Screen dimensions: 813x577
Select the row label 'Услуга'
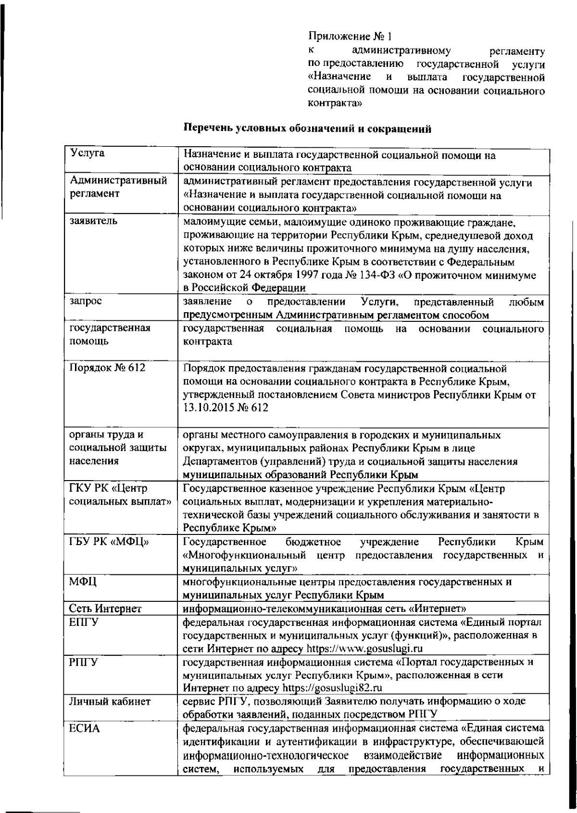88,154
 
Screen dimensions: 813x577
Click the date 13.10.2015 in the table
209,408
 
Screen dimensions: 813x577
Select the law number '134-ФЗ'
368,276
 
